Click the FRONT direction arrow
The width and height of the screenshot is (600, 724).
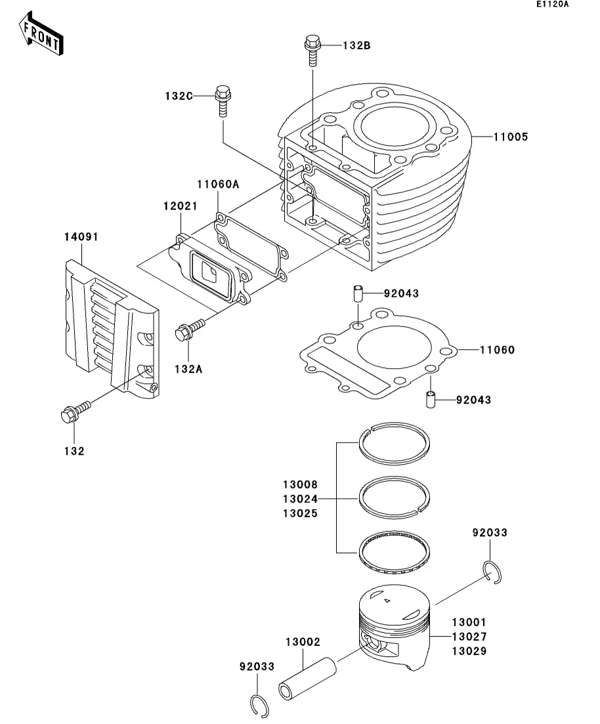41,34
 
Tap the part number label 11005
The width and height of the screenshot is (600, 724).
510,137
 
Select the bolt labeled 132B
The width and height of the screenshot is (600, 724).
312,51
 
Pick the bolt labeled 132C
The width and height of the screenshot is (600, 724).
223,101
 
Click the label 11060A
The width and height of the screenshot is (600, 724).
218,184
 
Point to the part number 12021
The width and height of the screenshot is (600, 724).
180,206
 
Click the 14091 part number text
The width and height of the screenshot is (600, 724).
81,237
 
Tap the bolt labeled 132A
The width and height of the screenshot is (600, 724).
189,330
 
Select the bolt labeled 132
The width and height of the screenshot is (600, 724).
75,412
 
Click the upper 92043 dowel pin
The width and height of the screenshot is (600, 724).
358,293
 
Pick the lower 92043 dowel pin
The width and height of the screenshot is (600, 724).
431,399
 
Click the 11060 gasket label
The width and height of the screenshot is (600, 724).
497,350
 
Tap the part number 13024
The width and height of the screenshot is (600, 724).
300,499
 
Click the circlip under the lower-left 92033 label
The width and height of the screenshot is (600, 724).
259,706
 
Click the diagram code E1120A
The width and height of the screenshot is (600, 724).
553,4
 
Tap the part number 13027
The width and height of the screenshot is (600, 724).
469,636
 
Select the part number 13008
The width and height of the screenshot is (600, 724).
300,484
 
